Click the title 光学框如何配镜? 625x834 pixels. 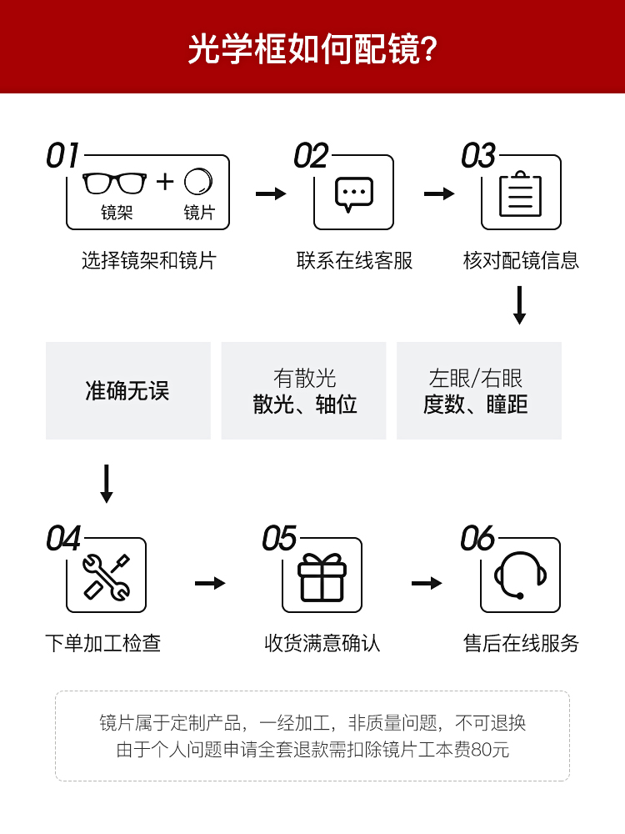click(x=312, y=48)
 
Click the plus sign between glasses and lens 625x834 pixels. click(x=165, y=181)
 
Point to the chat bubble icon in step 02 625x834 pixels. click(x=354, y=193)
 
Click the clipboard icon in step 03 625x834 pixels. click(x=521, y=194)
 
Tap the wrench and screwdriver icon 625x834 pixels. click(x=106, y=576)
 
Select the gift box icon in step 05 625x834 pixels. click(x=322, y=577)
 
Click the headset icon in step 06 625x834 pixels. click(x=520, y=575)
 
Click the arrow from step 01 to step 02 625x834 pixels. click(x=270, y=193)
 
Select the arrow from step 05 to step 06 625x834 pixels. click(x=427, y=583)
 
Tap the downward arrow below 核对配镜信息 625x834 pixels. click(x=520, y=305)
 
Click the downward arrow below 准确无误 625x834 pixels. click(x=106, y=484)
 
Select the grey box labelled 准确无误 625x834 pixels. click(x=128, y=390)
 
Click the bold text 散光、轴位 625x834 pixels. click(x=304, y=405)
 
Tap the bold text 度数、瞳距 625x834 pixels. click(x=476, y=405)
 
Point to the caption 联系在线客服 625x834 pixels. click(x=354, y=260)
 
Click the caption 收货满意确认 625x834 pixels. click(x=322, y=643)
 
